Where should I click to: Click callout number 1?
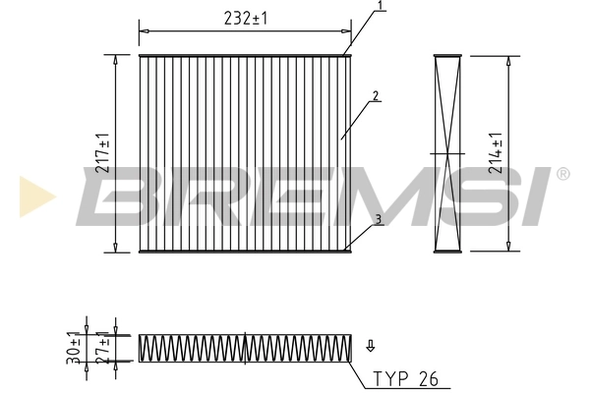click(x=380, y=8)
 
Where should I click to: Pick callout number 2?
click(x=376, y=96)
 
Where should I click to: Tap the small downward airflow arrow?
click(x=371, y=345)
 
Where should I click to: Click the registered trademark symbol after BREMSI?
click(x=562, y=175)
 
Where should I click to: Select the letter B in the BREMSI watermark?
click(x=123, y=196)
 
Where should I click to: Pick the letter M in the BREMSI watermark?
click(x=375, y=196)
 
